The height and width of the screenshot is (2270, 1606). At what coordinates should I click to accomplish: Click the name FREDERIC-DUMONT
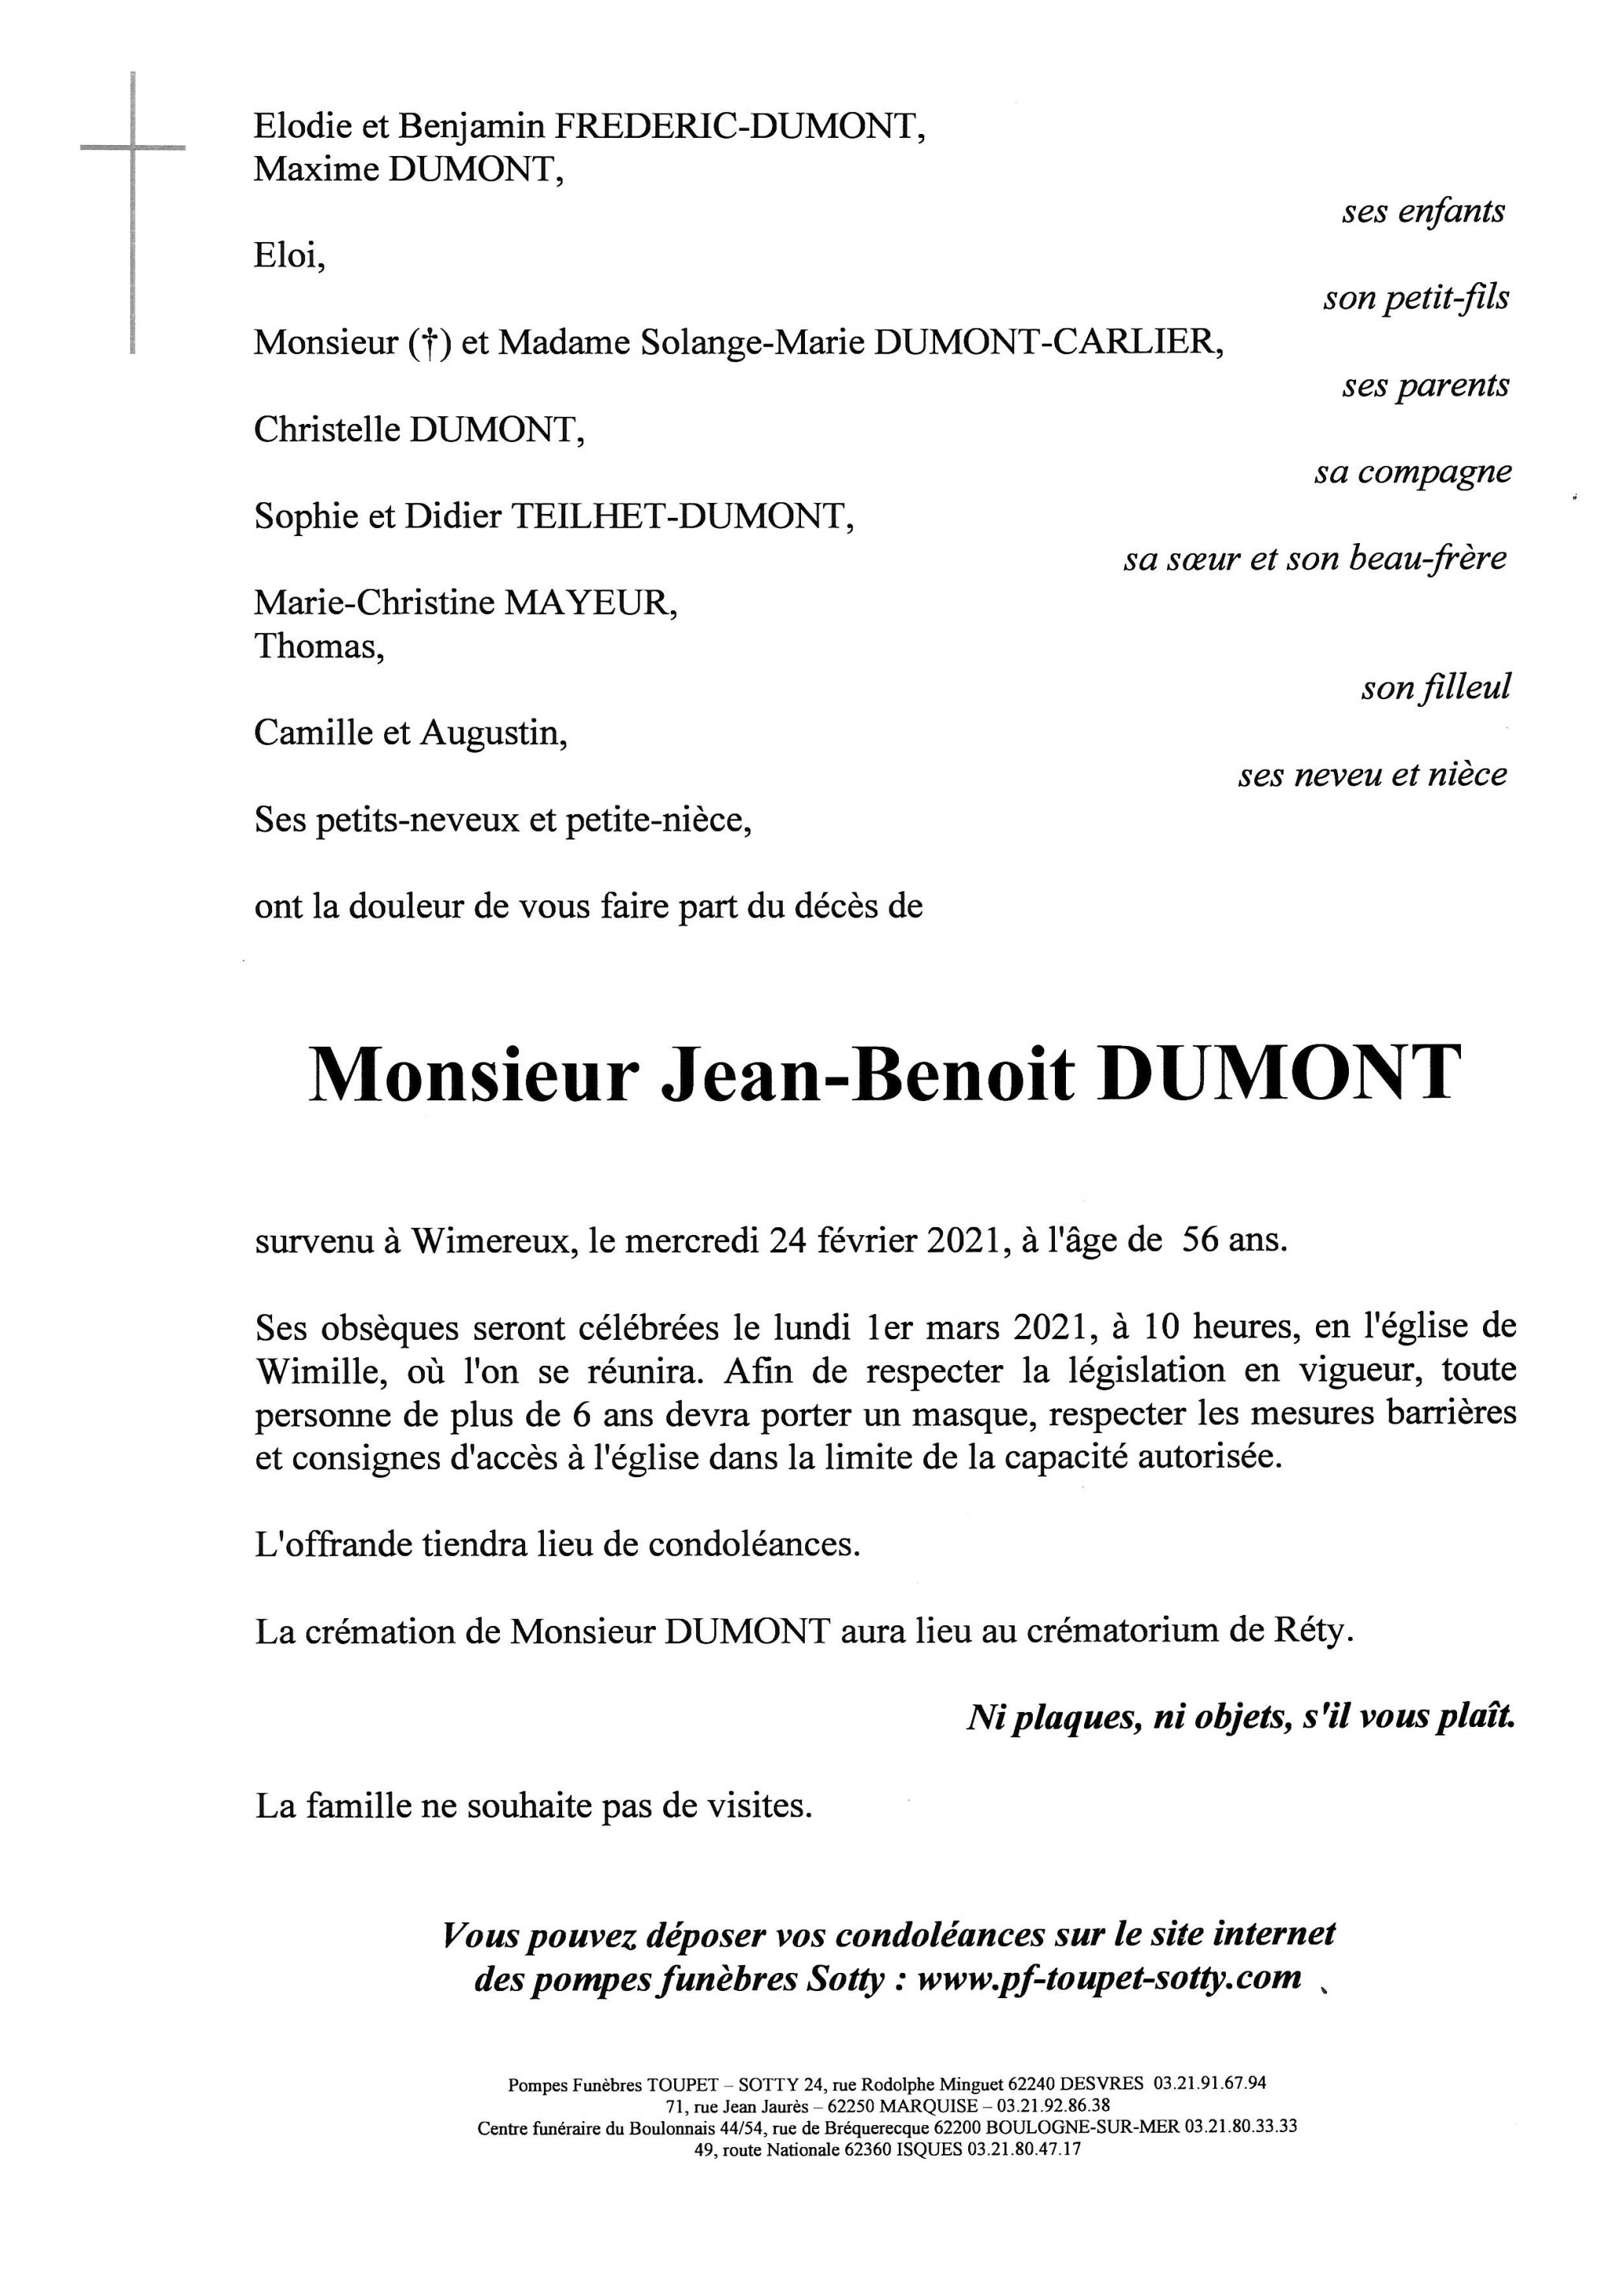[738, 127]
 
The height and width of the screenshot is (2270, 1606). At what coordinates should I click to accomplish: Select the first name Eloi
[288, 256]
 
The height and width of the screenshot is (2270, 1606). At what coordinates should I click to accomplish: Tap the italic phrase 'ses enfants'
[1423, 211]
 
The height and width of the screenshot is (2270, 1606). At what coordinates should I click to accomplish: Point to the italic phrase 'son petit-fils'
[1416, 299]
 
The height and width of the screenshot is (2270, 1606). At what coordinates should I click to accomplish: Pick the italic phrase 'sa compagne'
[1412, 473]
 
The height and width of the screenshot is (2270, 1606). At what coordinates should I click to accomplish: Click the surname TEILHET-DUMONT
[680, 516]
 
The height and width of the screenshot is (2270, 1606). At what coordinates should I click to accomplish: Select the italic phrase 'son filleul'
[1436, 688]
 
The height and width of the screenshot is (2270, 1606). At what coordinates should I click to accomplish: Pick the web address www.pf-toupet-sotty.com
[1109, 1978]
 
